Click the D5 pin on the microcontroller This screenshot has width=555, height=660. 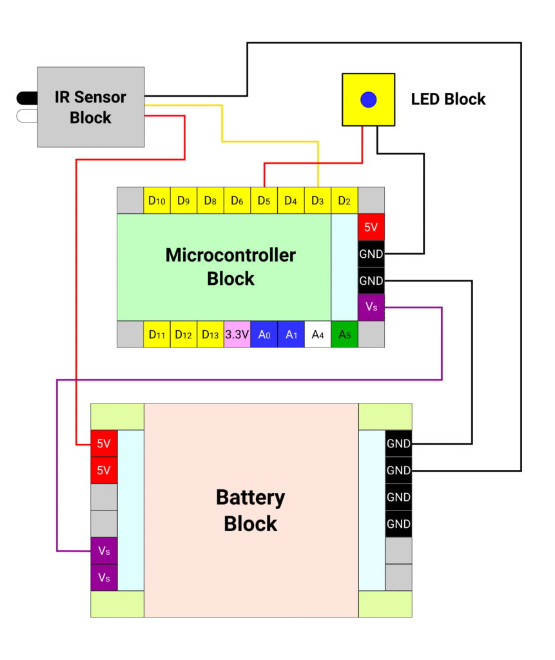(x=264, y=200)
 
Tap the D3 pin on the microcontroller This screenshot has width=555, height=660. (x=317, y=200)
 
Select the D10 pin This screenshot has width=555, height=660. (x=157, y=200)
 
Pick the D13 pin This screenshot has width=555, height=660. (x=210, y=335)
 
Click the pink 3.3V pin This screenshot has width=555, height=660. (x=237, y=335)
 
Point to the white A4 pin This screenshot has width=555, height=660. (x=317, y=335)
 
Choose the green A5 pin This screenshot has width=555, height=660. (x=344, y=335)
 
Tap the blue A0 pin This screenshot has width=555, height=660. (x=264, y=335)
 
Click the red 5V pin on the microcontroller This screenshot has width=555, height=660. (x=371, y=227)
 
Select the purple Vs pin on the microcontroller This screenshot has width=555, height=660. (x=371, y=307)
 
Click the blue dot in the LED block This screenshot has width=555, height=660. (x=368, y=99)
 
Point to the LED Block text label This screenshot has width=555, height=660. (x=448, y=99)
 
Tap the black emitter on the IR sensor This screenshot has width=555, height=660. (x=27, y=99)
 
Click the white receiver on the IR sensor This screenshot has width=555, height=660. (x=27, y=116)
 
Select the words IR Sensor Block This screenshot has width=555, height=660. (x=90, y=108)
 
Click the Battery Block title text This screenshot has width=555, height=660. (x=250, y=510)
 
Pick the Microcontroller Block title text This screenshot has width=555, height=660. (x=230, y=267)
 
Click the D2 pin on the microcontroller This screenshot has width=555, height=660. (x=344, y=200)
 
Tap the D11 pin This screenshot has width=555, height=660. (x=157, y=335)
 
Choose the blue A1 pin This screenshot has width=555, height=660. (x=291, y=335)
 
